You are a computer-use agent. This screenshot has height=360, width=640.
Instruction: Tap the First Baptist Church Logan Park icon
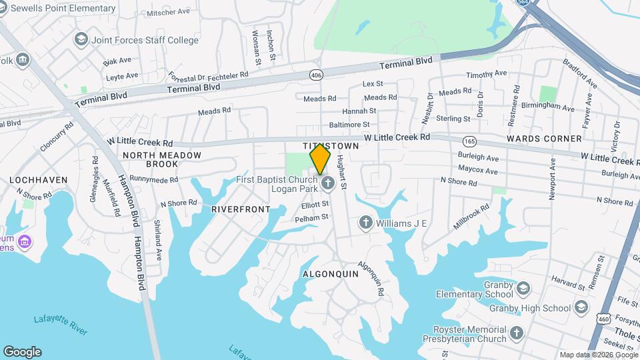pos(327,183)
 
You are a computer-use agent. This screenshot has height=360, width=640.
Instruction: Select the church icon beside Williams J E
pos(365,223)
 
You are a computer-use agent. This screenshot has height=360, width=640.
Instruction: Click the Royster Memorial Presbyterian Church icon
pos(517,333)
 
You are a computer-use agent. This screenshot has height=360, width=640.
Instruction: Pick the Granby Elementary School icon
pos(523,288)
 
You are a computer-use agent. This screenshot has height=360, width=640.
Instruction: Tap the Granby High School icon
pos(581,307)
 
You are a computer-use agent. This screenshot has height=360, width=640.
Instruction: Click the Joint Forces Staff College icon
pos(81,40)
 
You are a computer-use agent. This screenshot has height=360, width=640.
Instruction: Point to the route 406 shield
pos(316,75)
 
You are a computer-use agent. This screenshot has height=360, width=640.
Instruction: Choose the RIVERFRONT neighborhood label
pos(241,209)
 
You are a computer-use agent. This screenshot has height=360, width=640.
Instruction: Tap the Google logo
pos(22,352)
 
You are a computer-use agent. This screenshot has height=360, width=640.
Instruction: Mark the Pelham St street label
pos(312,217)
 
